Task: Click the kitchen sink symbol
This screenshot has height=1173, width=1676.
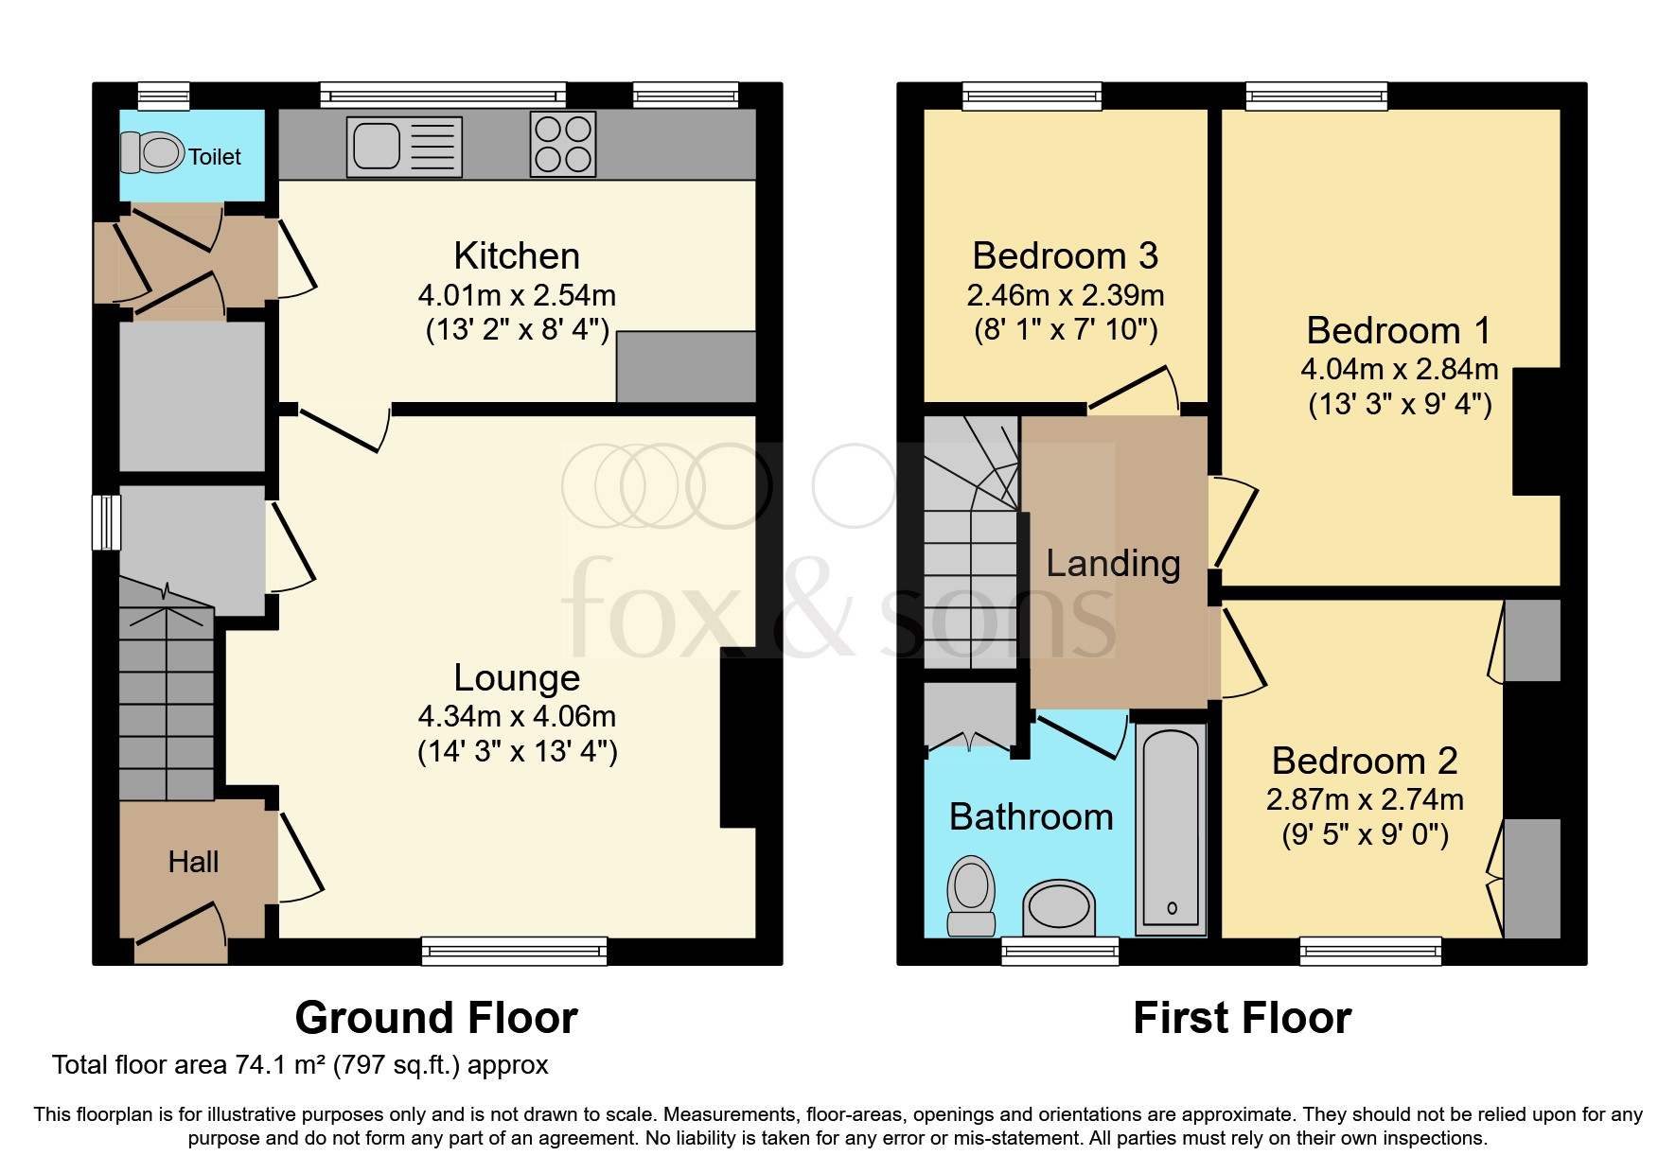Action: (x=404, y=147)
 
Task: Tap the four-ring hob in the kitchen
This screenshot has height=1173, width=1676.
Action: (x=563, y=145)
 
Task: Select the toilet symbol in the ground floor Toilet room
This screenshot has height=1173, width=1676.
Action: (x=153, y=152)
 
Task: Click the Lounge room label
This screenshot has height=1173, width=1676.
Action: (x=517, y=677)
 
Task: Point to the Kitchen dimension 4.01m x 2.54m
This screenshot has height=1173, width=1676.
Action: (x=517, y=295)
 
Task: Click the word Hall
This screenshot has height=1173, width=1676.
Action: (x=193, y=862)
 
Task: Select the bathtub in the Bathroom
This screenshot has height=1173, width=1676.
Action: (x=1171, y=831)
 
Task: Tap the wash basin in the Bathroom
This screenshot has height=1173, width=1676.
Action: (x=1058, y=906)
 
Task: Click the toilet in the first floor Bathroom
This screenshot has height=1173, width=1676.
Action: (x=971, y=894)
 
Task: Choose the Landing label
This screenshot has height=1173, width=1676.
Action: (x=1113, y=564)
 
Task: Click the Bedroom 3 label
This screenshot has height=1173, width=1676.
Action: (x=1065, y=256)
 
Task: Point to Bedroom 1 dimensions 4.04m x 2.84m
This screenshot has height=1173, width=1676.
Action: (x=1399, y=369)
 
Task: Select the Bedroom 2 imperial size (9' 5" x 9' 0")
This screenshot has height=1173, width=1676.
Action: (x=1365, y=834)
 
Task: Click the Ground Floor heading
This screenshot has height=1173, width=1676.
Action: (x=436, y=1018)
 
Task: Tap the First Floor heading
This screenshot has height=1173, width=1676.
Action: (x=1242, y=1018)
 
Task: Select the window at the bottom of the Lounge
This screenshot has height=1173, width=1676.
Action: (x=514, y=950)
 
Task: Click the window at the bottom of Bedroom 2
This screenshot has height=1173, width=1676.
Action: (x=1370, y=950)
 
